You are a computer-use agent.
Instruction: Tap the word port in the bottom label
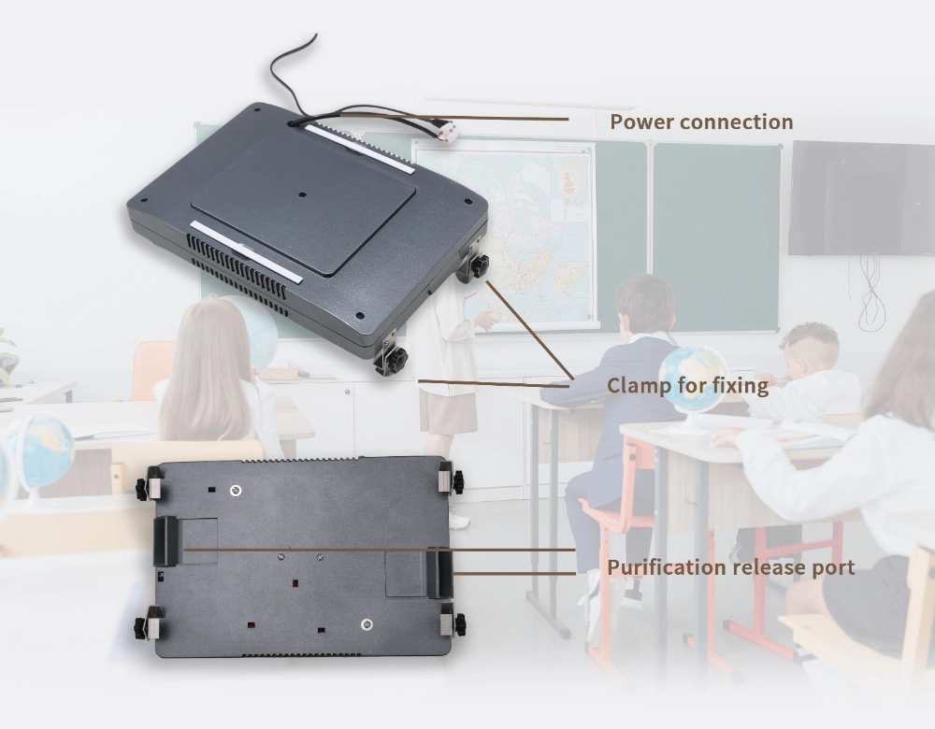coord(834,568)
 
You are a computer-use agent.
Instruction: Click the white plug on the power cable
coord(447,131)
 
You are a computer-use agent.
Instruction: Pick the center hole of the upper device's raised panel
coord(302,194)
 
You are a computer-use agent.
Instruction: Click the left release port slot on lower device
coord(165,540)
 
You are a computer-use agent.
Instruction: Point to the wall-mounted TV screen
coord(861,197)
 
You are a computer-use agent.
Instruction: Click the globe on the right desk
coord(691,379)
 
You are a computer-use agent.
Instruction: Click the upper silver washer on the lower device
coord(236,491)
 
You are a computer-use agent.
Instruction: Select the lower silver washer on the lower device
coord(367,624)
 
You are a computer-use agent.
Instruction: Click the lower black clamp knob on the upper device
coord(395,359)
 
